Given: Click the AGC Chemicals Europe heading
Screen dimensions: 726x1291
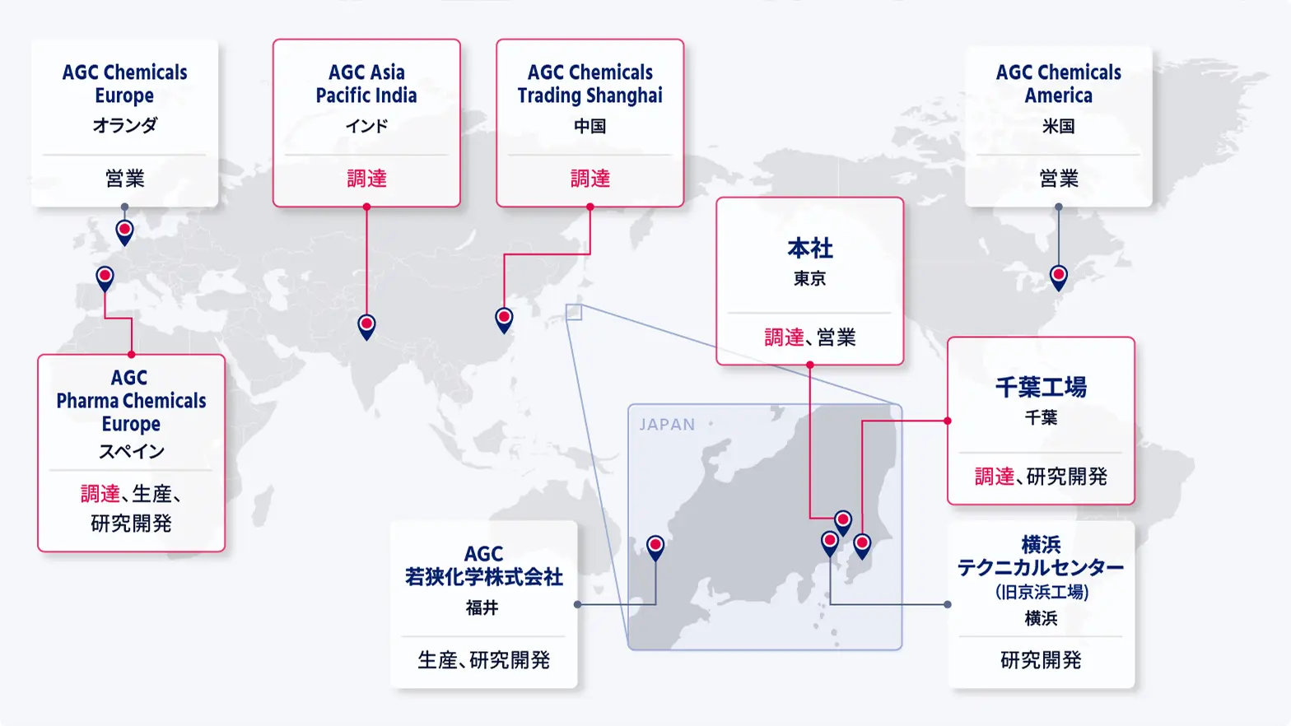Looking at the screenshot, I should pos(124,84).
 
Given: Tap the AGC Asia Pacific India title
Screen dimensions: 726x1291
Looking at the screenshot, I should pos(366,84).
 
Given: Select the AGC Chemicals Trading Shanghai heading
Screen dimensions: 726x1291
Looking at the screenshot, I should pos(590,84).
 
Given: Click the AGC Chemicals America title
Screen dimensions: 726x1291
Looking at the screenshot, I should pos(1058,84).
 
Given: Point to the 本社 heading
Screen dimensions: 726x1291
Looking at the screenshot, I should pos(810,249).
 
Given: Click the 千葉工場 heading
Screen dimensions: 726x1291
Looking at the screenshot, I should pos(1041,387).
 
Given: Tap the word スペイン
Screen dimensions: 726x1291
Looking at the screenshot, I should pos(131,452).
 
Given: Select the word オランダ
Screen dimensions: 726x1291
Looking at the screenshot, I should pos(124,126).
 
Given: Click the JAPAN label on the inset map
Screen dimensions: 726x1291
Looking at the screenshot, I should pos(667,425).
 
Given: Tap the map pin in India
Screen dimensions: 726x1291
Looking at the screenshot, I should pos(366,325).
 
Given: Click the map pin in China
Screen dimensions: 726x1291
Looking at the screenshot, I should pos(504,319).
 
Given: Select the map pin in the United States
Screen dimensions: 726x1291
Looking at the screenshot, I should pos(1059,277).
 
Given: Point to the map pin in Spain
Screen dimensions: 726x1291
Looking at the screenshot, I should pos(105,277).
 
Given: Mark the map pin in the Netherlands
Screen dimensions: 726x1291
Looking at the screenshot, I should pos(124,231).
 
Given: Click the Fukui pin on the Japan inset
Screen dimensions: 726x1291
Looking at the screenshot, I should pos(655,547).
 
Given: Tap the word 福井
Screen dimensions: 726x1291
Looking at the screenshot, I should pos(482,608).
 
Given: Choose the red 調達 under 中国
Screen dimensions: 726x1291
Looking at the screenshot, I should pos(590,179).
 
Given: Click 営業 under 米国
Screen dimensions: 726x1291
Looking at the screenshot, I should pos(1058,179).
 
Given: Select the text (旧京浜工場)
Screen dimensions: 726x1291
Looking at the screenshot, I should pos(1041,593).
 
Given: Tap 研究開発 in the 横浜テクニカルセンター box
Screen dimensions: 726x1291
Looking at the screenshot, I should pos(1041,660).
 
